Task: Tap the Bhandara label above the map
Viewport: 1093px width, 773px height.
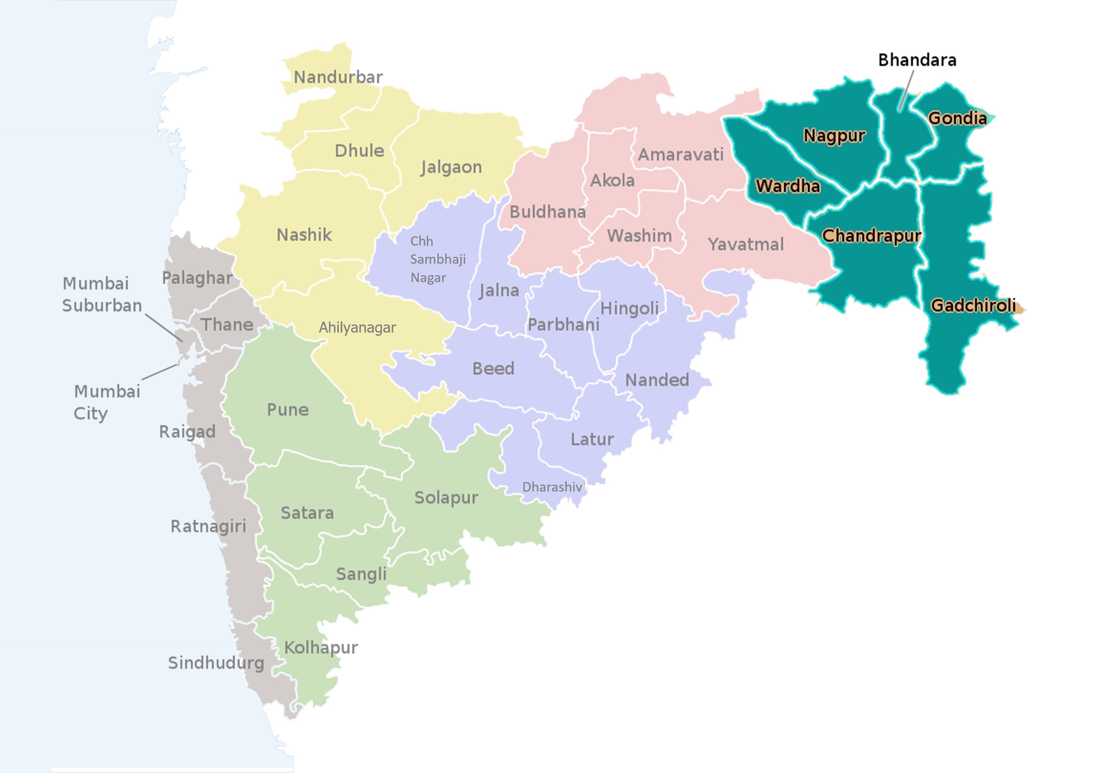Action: [x=917, y=60]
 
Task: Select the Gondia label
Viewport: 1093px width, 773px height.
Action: [x=957, y=118]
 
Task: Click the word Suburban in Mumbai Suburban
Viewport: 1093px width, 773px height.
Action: [x=102, y=305]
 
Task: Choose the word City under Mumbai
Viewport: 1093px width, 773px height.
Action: [x=90, y=413]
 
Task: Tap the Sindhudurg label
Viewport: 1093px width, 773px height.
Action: [x=216, y=662]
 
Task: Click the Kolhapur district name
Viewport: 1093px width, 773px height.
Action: [x=321, y=647]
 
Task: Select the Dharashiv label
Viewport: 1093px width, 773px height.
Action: [x=552, y=487]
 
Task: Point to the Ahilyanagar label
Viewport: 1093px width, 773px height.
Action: [x=357, y=328]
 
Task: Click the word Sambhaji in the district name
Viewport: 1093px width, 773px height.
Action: [x=438, y=260]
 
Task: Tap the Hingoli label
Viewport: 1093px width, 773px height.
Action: [x=629, y=308]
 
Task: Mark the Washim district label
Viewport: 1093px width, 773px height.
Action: [x=639, y=235]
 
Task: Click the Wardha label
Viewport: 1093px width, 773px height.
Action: [x=788, y=186]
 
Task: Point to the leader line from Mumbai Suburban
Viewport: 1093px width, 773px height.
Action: [x=164, y=328]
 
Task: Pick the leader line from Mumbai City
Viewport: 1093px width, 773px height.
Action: [x=160, y=372]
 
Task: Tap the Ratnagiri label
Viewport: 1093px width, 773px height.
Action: [x=208, y=526]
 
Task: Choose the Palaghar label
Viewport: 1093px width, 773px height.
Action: [x=197, y=278]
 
